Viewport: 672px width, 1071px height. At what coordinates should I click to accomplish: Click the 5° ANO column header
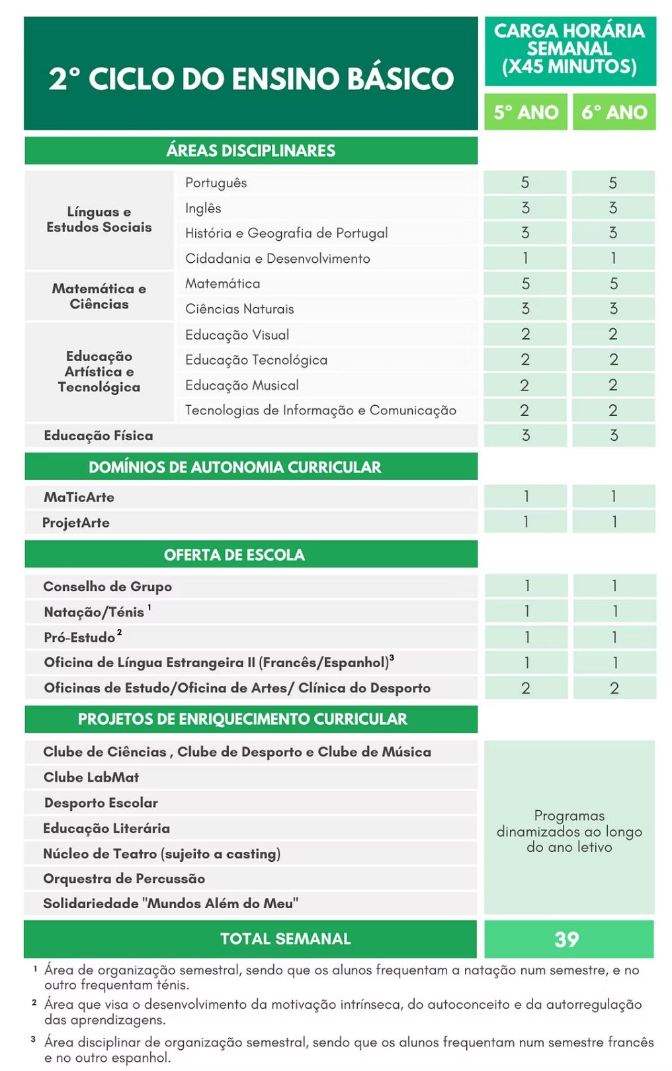[x=525, y=113]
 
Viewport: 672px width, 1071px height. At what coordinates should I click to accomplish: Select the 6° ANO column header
[x=614, y=113]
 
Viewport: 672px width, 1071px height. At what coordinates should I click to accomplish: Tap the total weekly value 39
[x=567, y=939]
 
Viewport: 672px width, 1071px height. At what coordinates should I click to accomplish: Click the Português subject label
[x=216, y=183]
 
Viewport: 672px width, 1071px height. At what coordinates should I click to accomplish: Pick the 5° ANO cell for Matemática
[x=525, y=283]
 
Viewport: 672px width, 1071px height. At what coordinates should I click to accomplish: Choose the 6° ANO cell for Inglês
[x=613, y=208]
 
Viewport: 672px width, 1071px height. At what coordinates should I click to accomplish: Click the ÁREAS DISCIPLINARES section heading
[x=251, y=151]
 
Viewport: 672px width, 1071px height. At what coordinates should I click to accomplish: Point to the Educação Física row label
[x=99, y=436]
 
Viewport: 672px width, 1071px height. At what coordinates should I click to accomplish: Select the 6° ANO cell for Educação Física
[x=613, y=435]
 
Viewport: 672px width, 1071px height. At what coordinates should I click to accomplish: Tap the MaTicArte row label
[x=79, y=497]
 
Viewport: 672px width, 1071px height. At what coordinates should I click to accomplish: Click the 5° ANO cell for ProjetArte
[x=525, y=522]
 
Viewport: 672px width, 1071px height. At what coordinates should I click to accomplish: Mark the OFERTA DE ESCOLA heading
[x=234, y=555]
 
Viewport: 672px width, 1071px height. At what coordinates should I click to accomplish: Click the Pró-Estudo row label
[x=80, y=637]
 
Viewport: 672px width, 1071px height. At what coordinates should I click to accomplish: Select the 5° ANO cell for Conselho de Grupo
[x=526, y=586]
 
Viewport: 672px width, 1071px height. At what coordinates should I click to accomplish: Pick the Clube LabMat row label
[x=91, y=777]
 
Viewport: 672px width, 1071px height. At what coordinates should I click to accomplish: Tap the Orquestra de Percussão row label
[x=124, y=878]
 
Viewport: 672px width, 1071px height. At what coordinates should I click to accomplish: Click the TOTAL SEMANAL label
[x=285, y=939]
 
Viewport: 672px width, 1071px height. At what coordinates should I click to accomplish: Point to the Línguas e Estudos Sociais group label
[x=99, y=220]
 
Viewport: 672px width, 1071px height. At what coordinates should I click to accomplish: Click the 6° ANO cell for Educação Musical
[x=613, y=385]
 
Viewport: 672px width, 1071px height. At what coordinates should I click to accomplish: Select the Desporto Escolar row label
[x=101, y=803]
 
